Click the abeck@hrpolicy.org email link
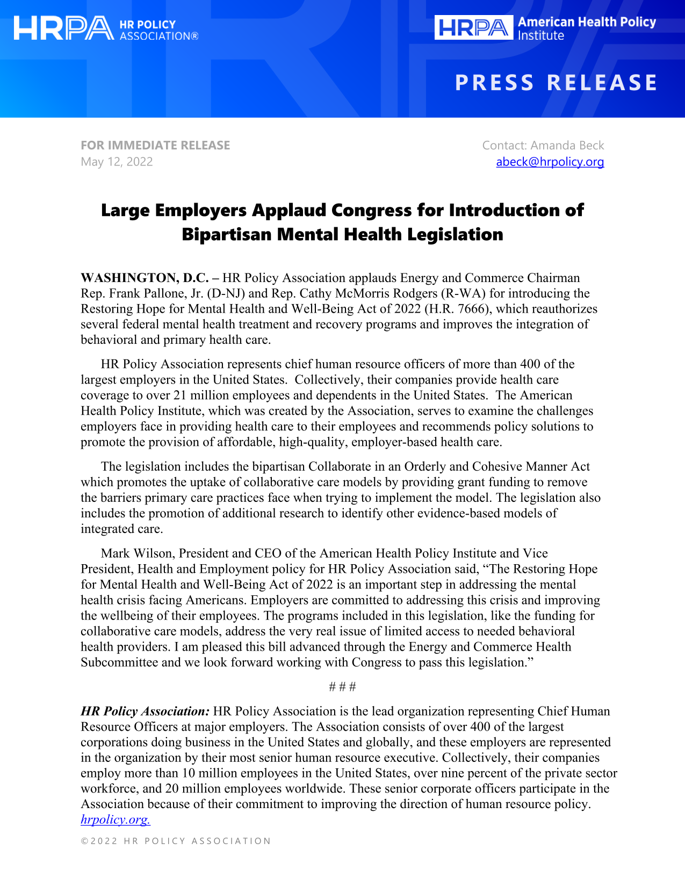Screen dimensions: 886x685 point(550,162)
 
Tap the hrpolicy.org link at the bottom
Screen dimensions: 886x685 point(115,819)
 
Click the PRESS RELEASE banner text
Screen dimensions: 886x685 point(556,83)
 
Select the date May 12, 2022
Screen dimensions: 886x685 point(117,162)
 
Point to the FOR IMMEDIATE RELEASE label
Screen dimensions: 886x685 point(155,145)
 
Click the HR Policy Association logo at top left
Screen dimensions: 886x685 point(106,29)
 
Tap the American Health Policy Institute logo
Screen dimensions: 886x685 point(545,28)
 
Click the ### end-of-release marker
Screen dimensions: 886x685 point(342,687)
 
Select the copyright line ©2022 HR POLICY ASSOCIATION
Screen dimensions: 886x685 point(176,841)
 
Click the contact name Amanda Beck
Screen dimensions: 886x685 point(567,145)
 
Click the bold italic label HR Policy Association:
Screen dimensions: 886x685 point(145,711)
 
